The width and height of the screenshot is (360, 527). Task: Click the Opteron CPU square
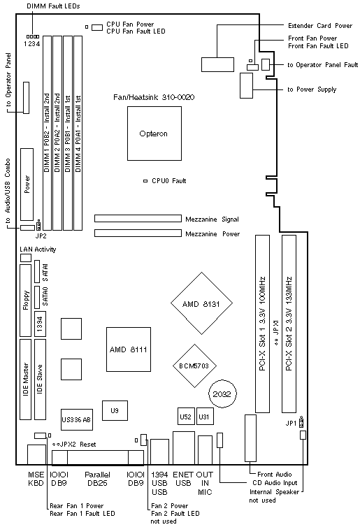[154, 133]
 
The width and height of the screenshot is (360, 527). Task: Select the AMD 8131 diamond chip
[202, 303]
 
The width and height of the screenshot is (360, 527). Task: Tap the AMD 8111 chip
[129, 349]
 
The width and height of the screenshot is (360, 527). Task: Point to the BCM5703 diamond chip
[194, 366]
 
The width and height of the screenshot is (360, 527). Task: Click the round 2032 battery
[222, 394]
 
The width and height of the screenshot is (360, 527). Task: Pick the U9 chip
[115, 410]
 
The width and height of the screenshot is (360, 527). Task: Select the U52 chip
[185, 417]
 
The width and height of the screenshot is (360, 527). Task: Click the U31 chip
[204, 417]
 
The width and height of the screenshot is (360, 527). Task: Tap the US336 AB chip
[76, 419]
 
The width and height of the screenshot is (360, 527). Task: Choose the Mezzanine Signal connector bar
[138, 219]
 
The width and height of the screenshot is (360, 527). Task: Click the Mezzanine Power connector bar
[138, 233]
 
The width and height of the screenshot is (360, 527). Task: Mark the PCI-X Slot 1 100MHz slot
[263, 324]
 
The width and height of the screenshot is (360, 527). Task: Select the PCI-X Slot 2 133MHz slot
[289, 324]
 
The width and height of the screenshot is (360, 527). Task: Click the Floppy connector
[26, 301]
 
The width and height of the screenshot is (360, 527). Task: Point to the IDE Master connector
[26, 380]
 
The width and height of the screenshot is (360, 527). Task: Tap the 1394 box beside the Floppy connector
[40, 324]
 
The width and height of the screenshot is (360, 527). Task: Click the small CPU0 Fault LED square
[145, 181]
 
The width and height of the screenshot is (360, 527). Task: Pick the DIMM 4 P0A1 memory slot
[78, 133]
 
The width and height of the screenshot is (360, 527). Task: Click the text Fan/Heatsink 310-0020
[154, 97]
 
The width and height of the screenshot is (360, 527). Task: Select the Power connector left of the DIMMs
[27, 185]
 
